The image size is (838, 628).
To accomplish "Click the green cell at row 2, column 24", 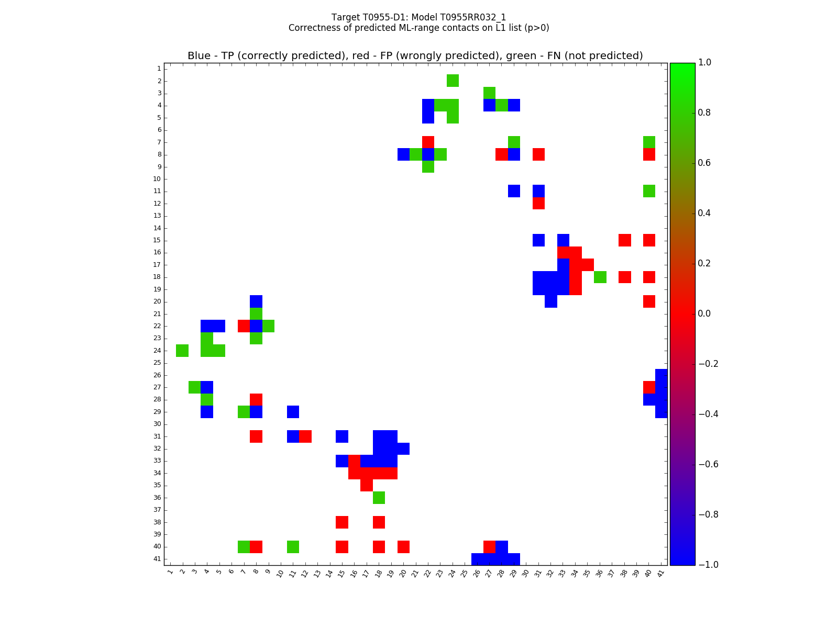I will [453, 81].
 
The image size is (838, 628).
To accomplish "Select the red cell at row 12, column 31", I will [538, 203].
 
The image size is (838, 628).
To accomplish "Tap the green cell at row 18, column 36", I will [600, 277].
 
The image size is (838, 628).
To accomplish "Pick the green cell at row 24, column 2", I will [182, 351].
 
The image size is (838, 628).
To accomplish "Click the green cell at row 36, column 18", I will [379, 498].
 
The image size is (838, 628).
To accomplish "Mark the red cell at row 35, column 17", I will [367, 485].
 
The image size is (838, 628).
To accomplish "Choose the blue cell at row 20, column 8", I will [256, 301].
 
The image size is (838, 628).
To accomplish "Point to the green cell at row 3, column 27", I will [489, 93].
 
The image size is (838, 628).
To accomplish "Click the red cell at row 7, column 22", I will [428, 142].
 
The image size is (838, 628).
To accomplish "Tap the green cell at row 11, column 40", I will [649, 191].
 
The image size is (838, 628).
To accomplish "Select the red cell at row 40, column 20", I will [403, 546].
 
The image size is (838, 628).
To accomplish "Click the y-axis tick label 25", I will [157, 363].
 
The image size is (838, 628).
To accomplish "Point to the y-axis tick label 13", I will [157, 216].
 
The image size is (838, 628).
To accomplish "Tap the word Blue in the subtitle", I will [199, 56].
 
